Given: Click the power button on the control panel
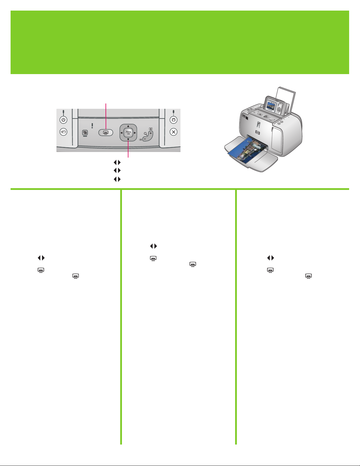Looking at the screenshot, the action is pyautogui.click(x=63, y=120).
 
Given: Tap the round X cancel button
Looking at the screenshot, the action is pyautogui.click(x=174, y=132).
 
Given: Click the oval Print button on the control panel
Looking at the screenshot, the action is pyautogui.click(x=106, y=133).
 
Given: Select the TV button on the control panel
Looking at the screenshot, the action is pyautogui.click(x=174, y=120).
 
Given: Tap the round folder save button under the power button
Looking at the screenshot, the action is pyautogui.click(x=63, y=132).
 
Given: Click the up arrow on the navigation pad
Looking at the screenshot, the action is pyautogui.click(x=128, y=126).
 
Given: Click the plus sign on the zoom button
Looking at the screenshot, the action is pyautogui.click(x=151, y=133).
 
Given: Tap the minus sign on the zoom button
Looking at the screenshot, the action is pyautogui.click(x=145, y=139).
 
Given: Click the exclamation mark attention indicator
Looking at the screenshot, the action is pyautogui.click(x=92, y=126).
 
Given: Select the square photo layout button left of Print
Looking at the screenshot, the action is pyautogui.click(x=85, y=133).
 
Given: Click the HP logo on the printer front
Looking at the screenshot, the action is pyautogui.click(x=257, y=133).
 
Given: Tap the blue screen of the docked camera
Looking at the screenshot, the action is pyautogui.click(x=270, y=106).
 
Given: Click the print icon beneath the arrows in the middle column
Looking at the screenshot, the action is pyautogui.click(x=153, y=258).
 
